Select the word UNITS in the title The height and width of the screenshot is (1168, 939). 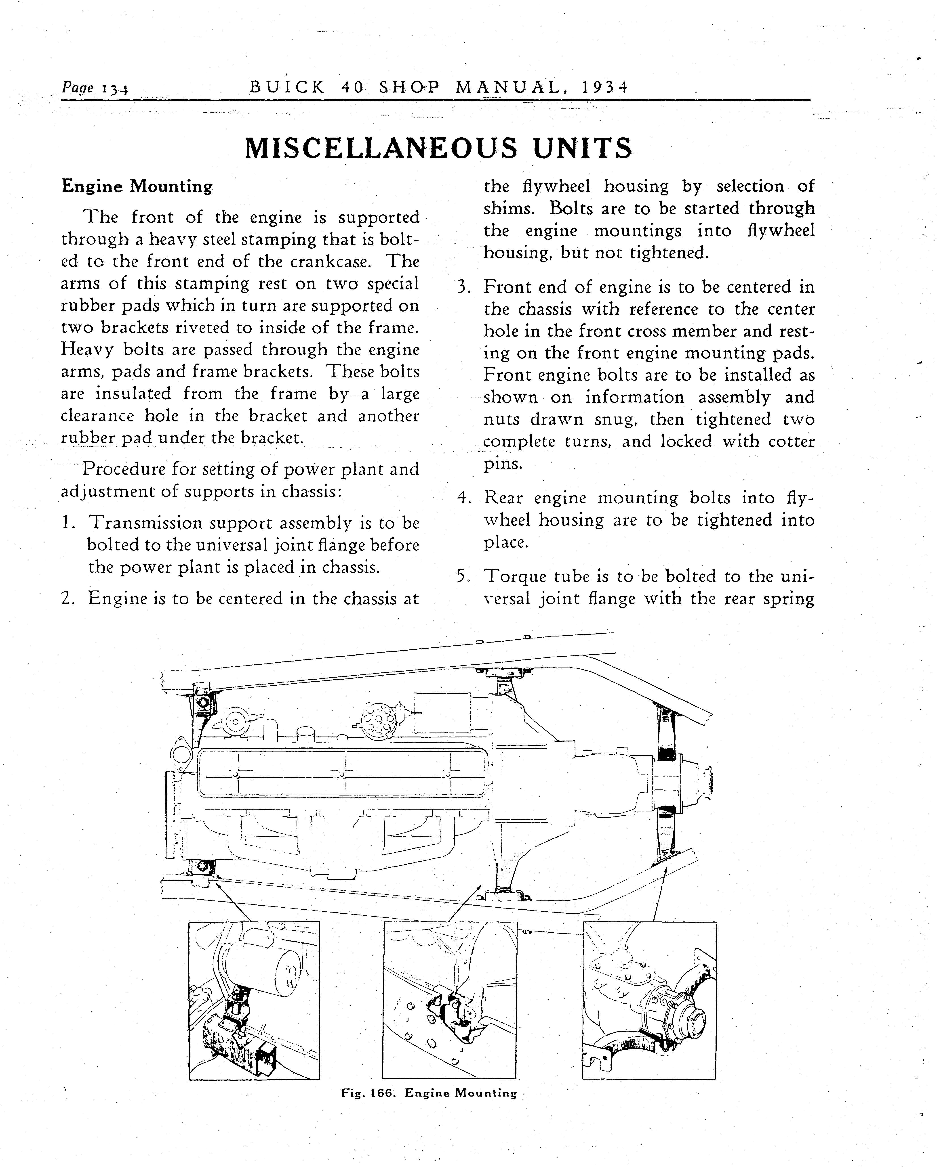point(582,149)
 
